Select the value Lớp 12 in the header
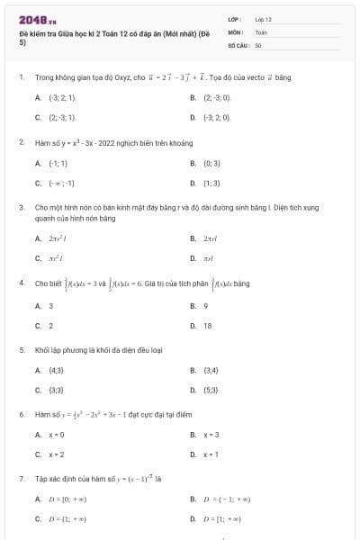[x=263, y=19]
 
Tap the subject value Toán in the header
[x=261, y=31]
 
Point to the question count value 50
[x=258, y=44]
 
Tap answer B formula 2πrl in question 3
[x=213, y=238]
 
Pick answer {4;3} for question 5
[x=56, y=370]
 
